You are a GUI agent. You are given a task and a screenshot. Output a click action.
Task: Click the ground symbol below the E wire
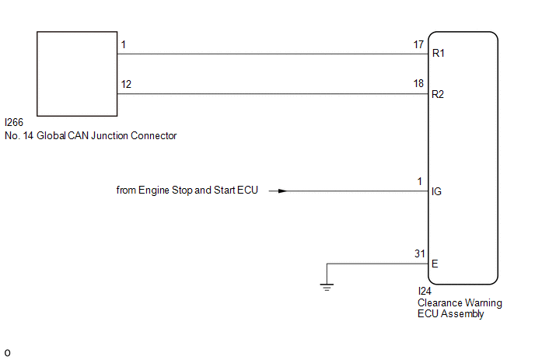click(327, 287)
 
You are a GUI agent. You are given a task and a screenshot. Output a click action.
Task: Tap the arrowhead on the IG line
click(282, 190)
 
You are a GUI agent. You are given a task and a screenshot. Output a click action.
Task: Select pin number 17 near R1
click(418, 44)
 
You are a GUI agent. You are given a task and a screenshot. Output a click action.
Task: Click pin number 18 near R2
click(418, 84)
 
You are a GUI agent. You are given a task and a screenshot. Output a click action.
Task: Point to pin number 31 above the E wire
click(420, 253)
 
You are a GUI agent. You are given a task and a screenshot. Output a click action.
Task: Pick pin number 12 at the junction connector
click(126, 84)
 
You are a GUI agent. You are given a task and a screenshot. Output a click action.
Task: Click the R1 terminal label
click(438, 53)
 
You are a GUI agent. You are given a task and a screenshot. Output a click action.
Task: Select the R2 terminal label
click(438, 94)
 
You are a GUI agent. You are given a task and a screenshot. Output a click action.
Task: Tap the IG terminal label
click(436, 191)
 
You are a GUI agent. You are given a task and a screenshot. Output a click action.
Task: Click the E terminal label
click(435, 264)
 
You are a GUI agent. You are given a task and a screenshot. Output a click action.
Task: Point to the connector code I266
click(14, 122)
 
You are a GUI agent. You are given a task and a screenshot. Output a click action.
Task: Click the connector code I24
click(425, 291)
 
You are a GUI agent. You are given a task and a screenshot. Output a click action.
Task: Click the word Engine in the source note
click(153, 190)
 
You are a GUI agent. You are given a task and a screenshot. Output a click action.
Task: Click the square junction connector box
click(77, 74)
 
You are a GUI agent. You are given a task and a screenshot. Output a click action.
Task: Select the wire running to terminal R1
click(273, 54)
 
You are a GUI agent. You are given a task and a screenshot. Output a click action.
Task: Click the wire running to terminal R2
click(273, 94)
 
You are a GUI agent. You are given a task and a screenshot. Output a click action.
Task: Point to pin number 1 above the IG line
click(420, 181)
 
